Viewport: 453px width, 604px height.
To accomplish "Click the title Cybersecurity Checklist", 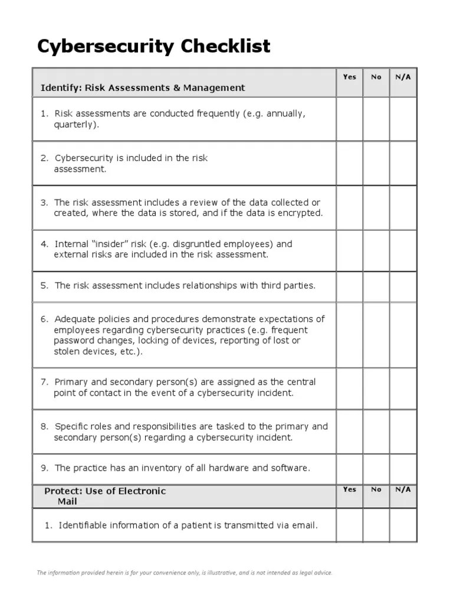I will click(154, 46).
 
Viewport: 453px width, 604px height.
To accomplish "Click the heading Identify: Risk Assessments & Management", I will click(142, 88).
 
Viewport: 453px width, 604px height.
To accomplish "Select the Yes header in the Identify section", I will click(349, 77).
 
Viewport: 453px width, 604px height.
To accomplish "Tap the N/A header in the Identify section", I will click(403, 77).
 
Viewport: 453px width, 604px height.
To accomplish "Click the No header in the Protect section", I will click(376, 489).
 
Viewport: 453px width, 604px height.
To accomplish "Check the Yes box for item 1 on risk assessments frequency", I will click(349, 119).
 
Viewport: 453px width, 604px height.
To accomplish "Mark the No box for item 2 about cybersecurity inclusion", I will click(376, 163).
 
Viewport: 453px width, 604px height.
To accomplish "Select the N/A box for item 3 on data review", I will click(403, 208).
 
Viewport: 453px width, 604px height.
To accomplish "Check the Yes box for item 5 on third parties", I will click(349, 286).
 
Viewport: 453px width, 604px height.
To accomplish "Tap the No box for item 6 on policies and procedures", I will click(376, 335).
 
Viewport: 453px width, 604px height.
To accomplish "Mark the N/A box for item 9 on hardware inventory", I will click(403, 468).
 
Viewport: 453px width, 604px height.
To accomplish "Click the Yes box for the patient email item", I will click(349, 525).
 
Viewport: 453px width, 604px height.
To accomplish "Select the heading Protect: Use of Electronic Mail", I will click(105, 496).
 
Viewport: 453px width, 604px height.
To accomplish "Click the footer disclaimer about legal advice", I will click(185, 572).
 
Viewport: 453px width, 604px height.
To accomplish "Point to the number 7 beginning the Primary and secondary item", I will click(44, 382).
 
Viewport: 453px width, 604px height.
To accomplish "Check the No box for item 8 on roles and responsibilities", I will click(376, 432).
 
